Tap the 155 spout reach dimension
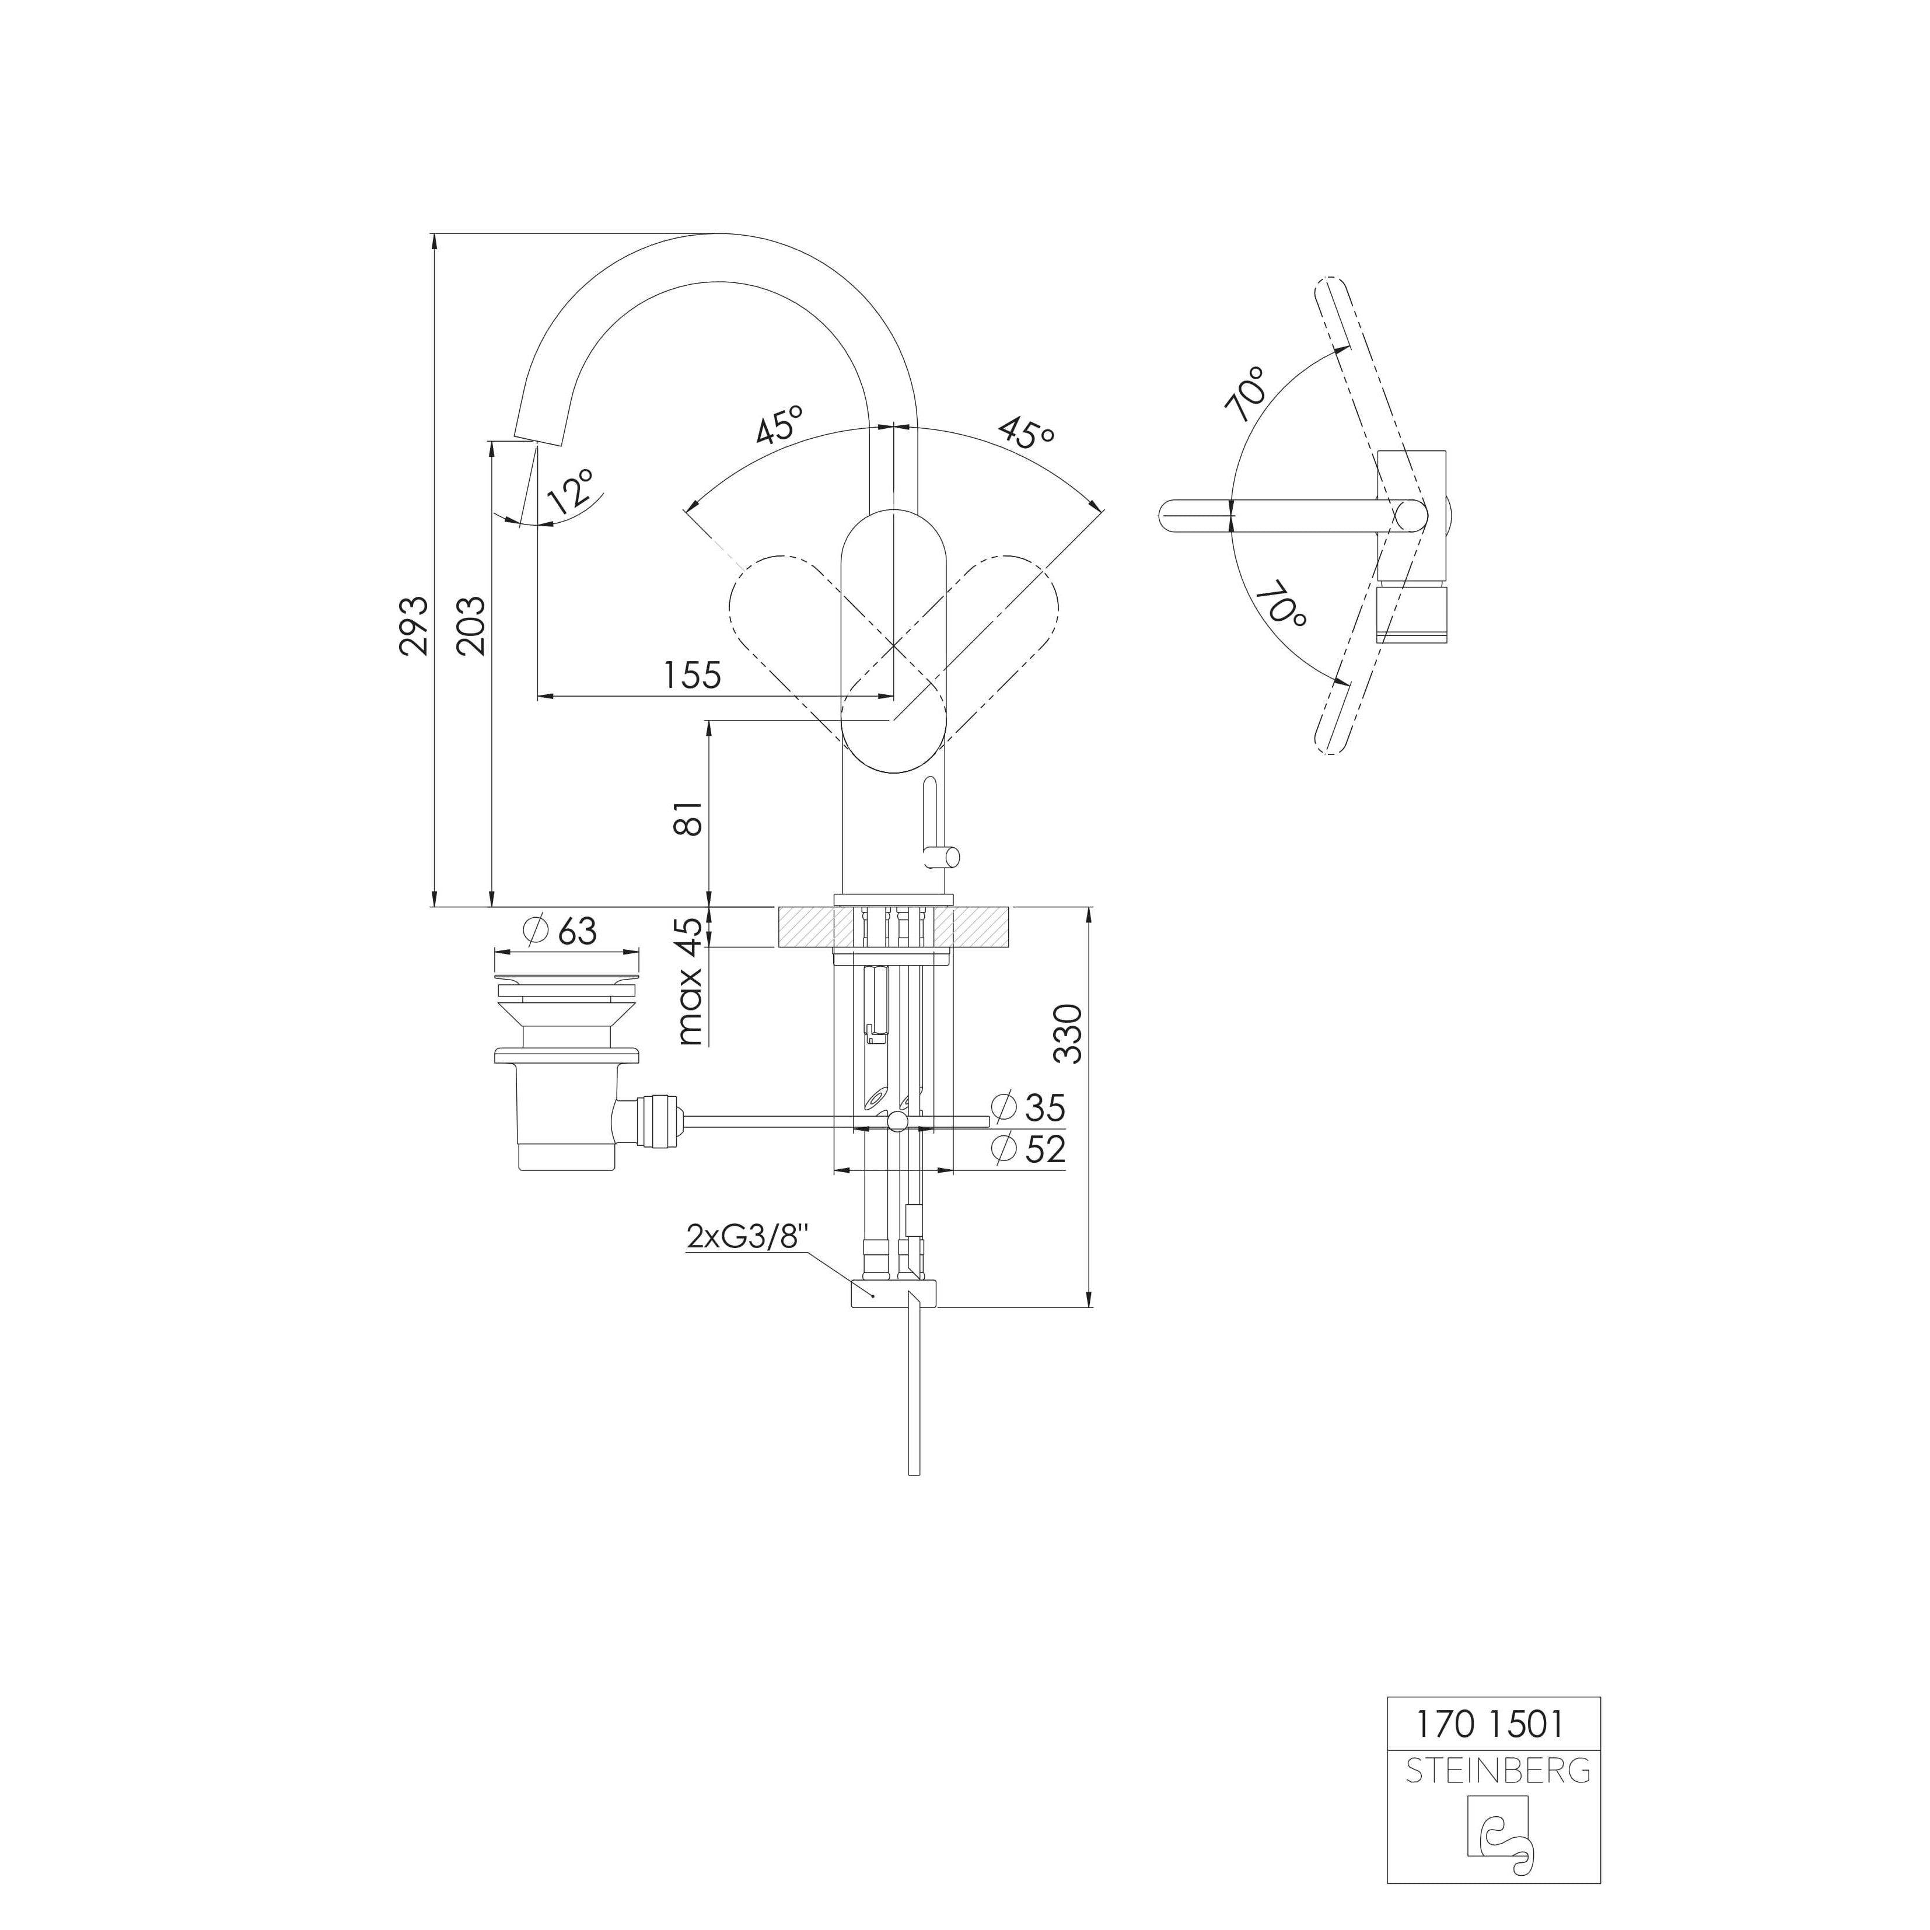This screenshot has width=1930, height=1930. (691, 676)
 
